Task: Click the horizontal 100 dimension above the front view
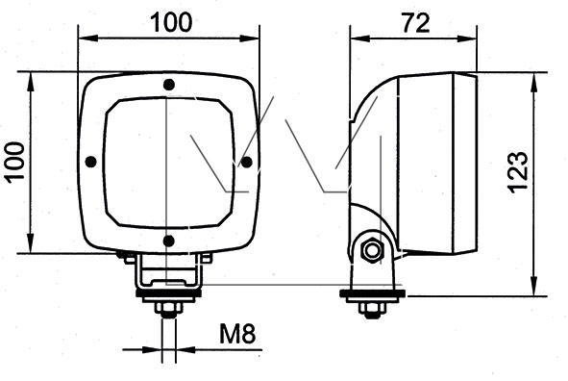[x=171, y=22]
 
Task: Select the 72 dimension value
[x=415, y=23]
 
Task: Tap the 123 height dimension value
[x=517, y=172]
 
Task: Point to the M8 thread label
[x=237, y=334]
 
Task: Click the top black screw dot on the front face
[x=169, y=85]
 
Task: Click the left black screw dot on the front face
[x=90, y=162]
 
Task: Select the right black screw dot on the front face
[x=247, y=162]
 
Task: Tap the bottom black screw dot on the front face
[x=169, y=241]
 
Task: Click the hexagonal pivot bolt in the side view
[x=372, y=250]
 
